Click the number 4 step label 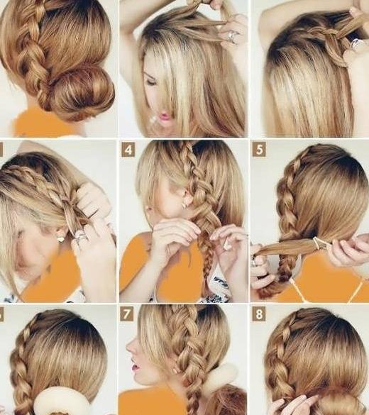pyautogui.click(x=128, y=150)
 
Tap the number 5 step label pyautogui.click(x=259, y=150)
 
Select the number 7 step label pyautogui.click(x=126, y=314)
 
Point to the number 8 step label pyautogui.click(x=258, y=314)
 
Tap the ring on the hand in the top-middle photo pyautogui.click(x=232, y=36)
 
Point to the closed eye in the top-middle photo pyautogui.click(x=151, y=82)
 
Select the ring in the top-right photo pyautogui.click(x=356, y=43)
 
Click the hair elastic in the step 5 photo pyautogui.click(x=319, y=244)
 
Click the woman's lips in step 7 pyautogui.click(x=134, y=367)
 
